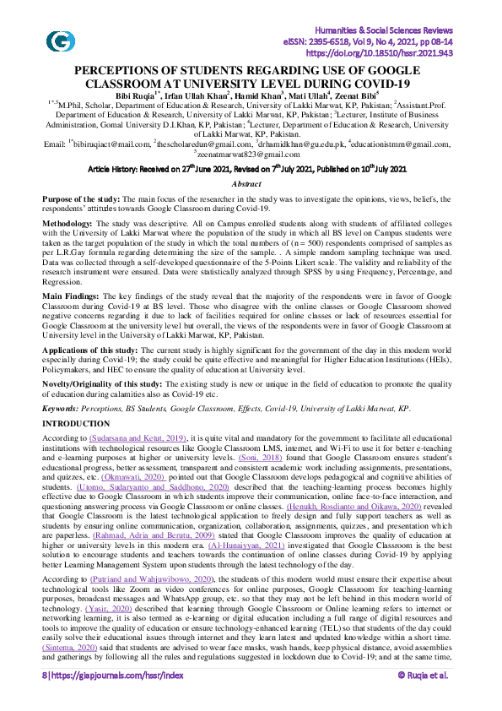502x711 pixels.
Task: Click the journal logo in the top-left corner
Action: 59,40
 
